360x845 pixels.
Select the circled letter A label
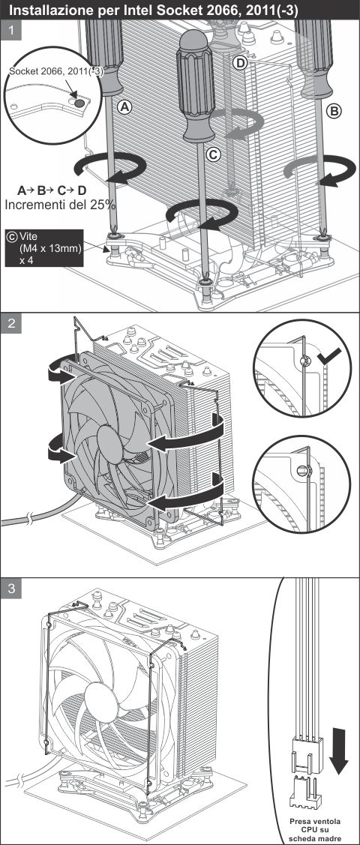(126, 106)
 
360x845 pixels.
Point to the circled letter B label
(334, 110)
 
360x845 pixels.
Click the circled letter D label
(239, 63)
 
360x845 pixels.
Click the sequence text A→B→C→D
(51, 190)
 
